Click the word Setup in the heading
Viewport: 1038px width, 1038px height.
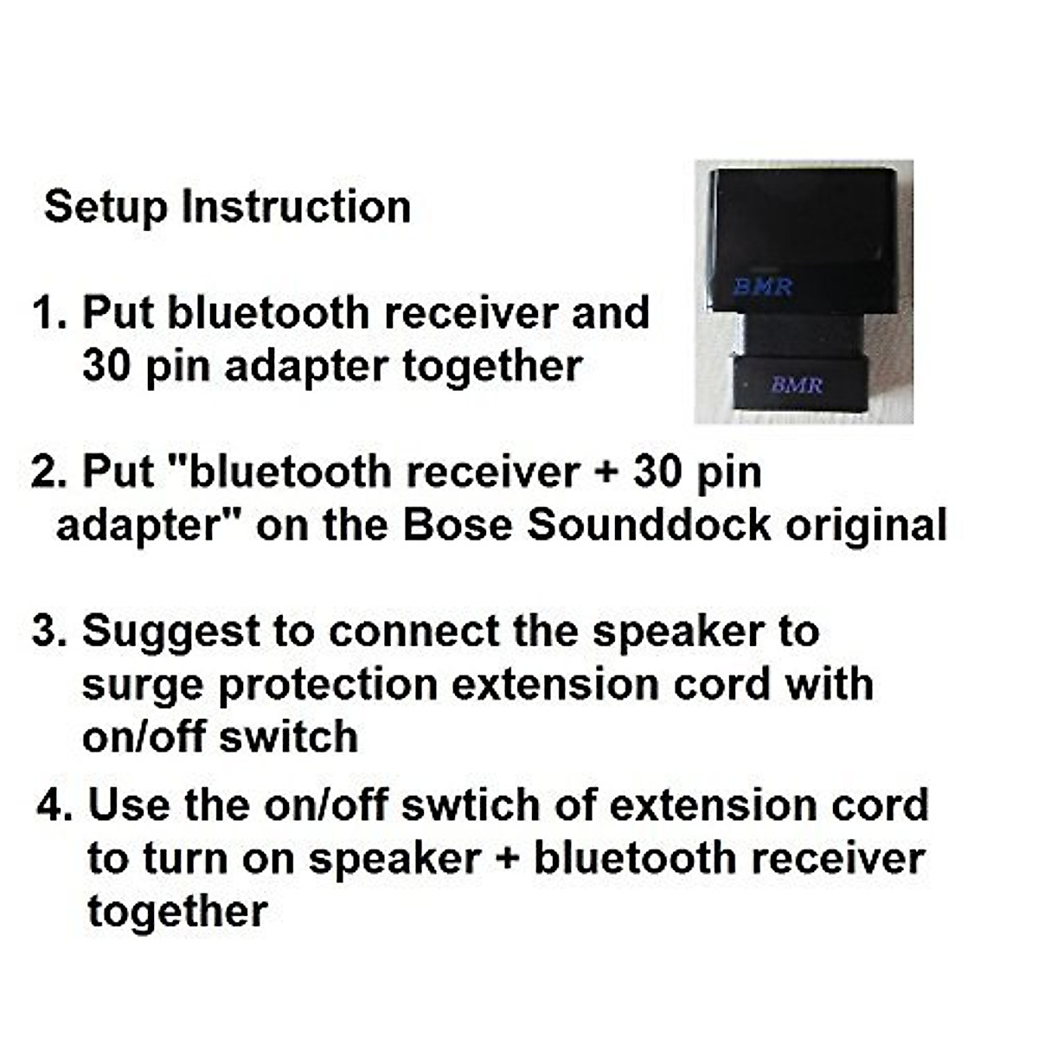point(104,208)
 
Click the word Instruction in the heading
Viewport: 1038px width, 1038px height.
point(296,208)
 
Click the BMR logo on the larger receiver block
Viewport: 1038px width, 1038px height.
point(763,286)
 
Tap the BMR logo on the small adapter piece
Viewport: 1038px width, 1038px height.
point(797,384)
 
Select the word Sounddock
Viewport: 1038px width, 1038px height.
point(650,525)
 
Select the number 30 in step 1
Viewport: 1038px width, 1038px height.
point(106,366)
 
